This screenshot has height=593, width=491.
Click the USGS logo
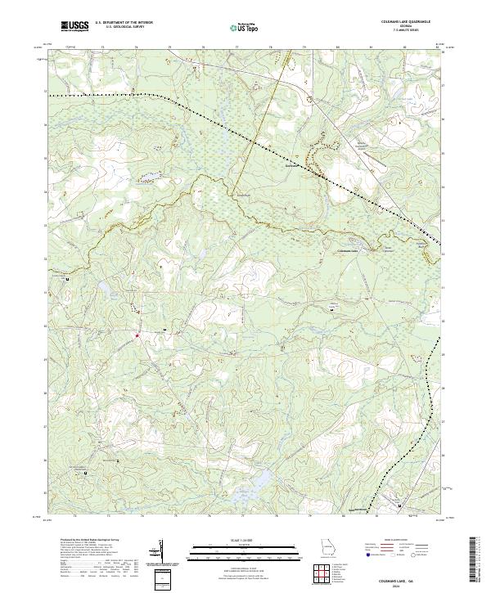[74, 26]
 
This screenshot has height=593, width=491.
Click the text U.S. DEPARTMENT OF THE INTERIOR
[123, 23]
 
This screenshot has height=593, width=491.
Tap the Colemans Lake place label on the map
[348, 250]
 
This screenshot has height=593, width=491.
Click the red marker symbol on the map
[137, 334]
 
